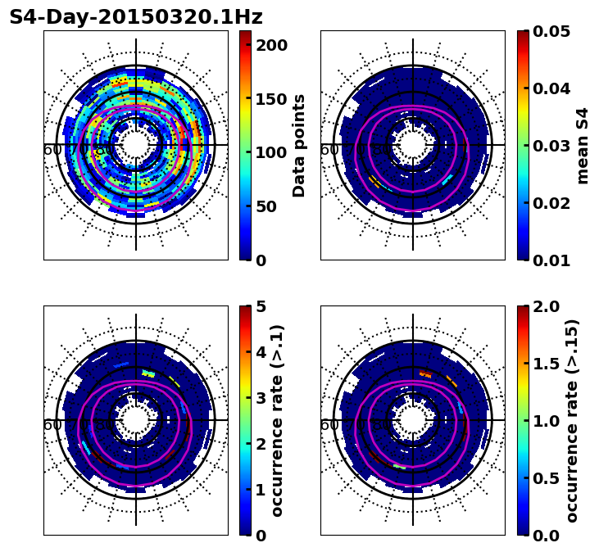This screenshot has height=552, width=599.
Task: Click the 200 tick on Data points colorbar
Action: pos(271,45)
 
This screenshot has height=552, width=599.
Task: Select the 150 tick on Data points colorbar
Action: pos(271,99)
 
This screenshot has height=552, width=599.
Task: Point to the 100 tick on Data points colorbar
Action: pos(271,152)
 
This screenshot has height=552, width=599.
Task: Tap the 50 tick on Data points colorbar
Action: pos(271,206)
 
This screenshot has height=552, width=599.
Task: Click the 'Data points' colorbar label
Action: pos(299,145)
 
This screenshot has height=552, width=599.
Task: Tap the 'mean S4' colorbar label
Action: pos(583,145)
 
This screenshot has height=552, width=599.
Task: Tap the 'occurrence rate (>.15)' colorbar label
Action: pos(572,420)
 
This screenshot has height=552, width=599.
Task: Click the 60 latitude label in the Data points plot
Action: pos(52,150)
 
